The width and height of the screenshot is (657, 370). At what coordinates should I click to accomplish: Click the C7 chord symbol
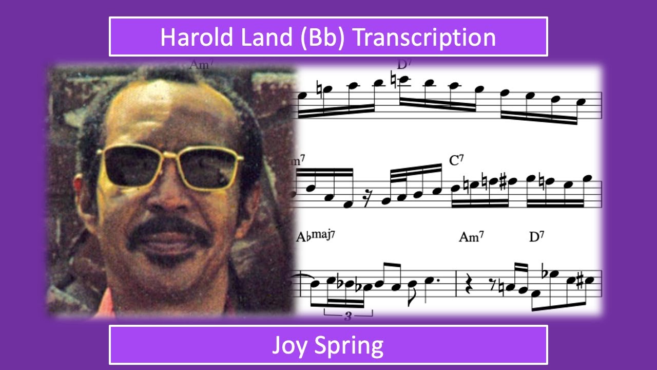(456, 160)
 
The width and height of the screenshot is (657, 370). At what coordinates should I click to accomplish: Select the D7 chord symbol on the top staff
(405, 65)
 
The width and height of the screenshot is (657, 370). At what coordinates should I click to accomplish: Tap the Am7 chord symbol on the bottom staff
(471, 237)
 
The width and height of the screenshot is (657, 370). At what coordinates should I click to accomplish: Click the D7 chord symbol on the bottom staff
(536, 237)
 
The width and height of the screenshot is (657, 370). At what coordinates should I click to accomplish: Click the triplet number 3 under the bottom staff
(347, 316)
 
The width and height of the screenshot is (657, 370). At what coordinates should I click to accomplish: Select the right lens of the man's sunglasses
(210, 169)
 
